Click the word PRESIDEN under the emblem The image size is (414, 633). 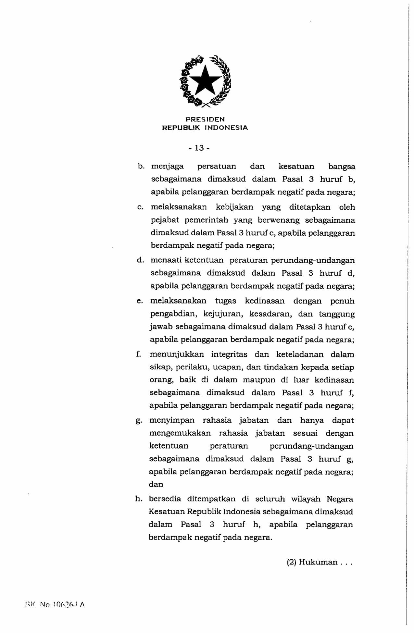coord(205,119)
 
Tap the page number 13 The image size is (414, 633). coord(199,148)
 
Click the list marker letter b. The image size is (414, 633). coord(141,167)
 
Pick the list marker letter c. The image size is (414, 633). coord(140,207)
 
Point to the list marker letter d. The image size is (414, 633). coord(140,260)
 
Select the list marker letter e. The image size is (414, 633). coord(140,301)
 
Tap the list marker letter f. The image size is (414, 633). coord(139,354)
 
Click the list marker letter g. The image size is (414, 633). coord(139,421)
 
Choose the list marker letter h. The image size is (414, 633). coord(139,499)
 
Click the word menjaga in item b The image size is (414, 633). coord(167,167)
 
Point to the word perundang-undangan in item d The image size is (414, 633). coord(313,261)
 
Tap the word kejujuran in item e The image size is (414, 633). coord(223,314)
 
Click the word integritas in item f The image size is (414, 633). coord(229,354)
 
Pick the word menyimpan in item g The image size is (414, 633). coord(172,420)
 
